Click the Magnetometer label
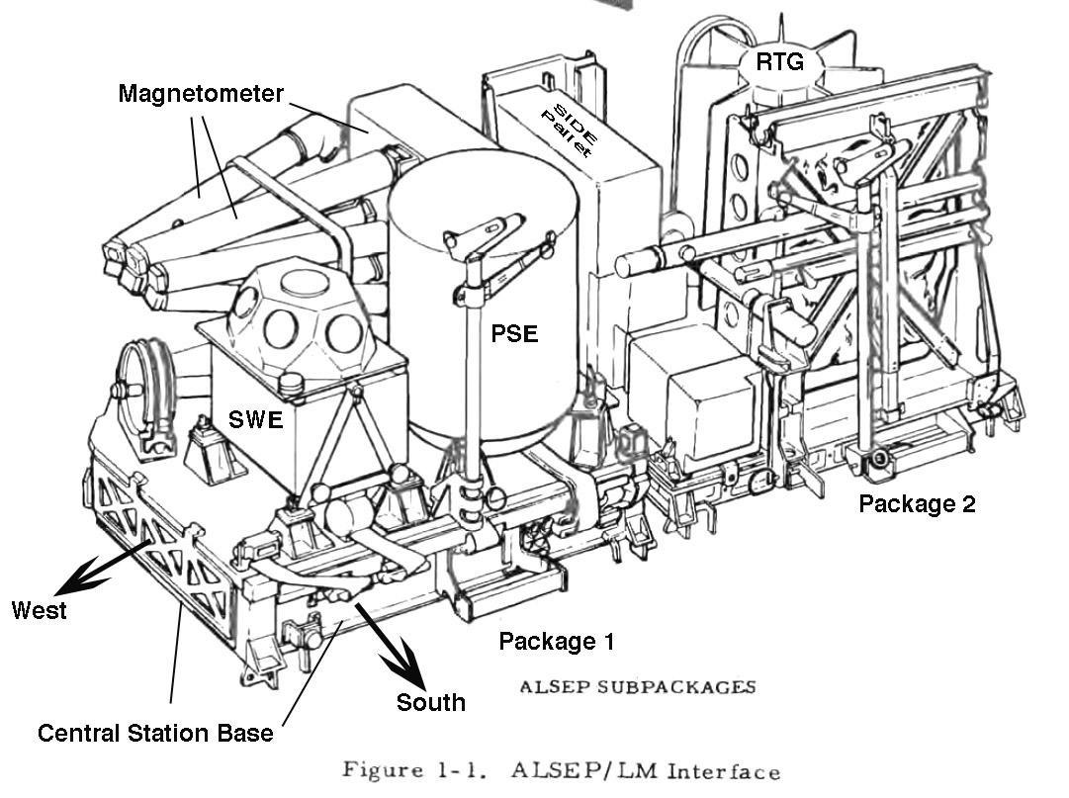coord(201,94)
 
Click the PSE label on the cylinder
coord(514,333)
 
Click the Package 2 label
coord(916,503)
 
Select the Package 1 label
coord(556,641)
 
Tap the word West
coord(40,610)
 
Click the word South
coord(430,702)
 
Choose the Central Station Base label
coord(155,733)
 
